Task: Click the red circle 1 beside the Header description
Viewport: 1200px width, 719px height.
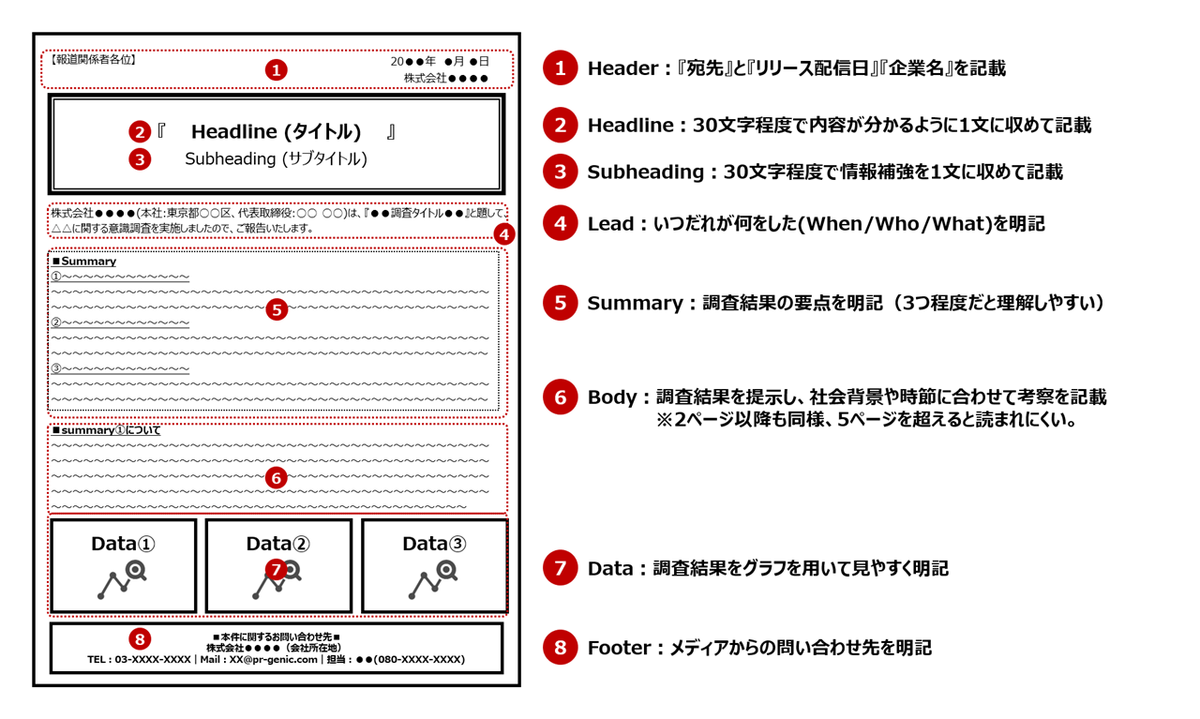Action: click(x=561, y=68)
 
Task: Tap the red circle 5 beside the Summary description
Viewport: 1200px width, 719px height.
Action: click(x=561, y=303)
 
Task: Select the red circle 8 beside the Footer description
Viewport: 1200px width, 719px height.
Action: click(x=561, y=648)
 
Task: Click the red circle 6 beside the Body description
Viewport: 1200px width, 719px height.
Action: click(x=561, y=397)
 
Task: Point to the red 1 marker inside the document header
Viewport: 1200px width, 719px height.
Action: click(x=276, y=69)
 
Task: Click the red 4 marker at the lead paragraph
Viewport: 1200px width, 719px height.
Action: click(x=504, y=234)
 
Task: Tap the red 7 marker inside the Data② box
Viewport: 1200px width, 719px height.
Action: click(x=276, y=569)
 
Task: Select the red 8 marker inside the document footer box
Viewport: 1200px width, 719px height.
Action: click(x=140, y=639)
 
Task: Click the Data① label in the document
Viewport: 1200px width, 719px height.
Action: click(x=123, y=544)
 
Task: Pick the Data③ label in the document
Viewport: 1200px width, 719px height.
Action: click(x=434, y=544)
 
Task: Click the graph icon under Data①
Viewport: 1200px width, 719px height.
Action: click(x=123, y=580)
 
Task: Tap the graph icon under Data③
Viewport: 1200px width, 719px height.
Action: click(x=433, y=580)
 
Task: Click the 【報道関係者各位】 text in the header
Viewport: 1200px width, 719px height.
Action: click(x=93, y=60)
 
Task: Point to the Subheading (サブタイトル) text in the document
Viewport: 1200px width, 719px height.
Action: click(x=276, y=159)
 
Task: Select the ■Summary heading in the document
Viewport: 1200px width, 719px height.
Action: click(x=84, y=262)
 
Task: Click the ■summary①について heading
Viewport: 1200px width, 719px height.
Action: click(x=106, y=430)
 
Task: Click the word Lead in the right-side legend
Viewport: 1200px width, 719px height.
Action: click(x=609, y=224)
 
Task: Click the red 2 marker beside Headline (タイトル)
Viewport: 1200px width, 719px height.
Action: click(x=140, y=132)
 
